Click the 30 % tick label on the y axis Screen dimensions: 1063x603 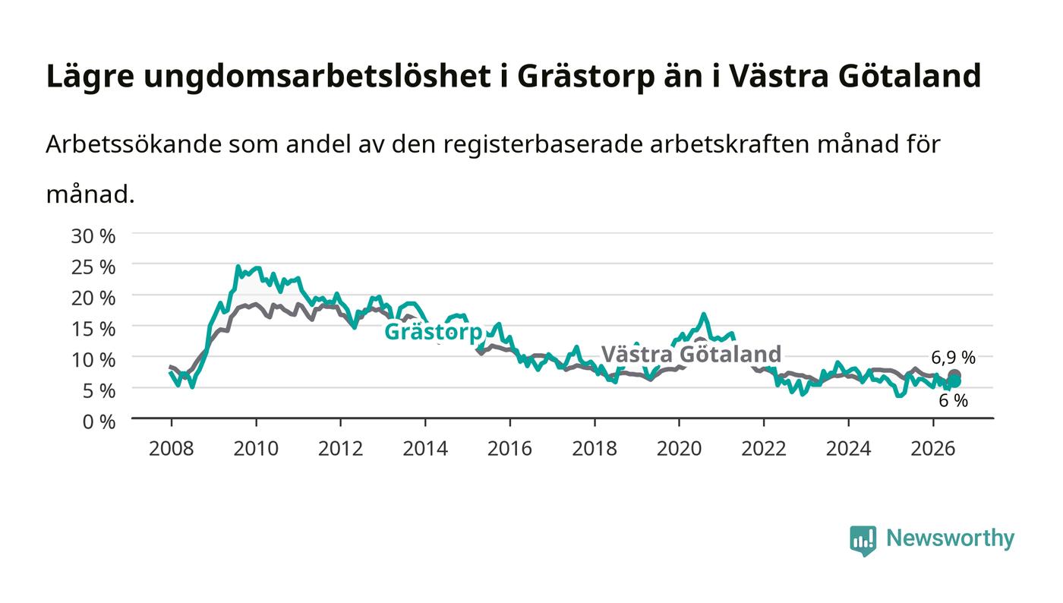[x=93, y=236]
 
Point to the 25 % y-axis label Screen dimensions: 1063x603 [x=93, y=267]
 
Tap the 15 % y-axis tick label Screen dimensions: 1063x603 [x=93, y=329]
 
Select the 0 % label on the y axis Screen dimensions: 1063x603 [x=99, y=421]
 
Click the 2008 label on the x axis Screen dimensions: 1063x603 [x=172, y=449]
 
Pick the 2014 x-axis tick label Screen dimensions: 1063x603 [x=425, y=449]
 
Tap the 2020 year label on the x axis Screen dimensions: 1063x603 [x=679, y=449]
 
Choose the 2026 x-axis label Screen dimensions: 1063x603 [x=933, y=449]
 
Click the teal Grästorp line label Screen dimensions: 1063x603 [x=434, y=332]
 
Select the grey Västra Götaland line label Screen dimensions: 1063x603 [x=692, y=354]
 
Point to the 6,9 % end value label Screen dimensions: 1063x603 [x=953, y=358]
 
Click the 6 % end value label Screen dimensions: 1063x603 [x=953, y=401]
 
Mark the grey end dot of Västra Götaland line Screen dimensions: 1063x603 [x=954, y=374]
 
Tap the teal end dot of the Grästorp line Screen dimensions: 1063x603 [x=954, y=381]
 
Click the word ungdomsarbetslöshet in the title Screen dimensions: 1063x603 [x=317, y=77]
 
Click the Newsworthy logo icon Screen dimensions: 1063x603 [x=863, y=541]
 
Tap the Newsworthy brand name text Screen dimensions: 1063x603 [x=950, y=538]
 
